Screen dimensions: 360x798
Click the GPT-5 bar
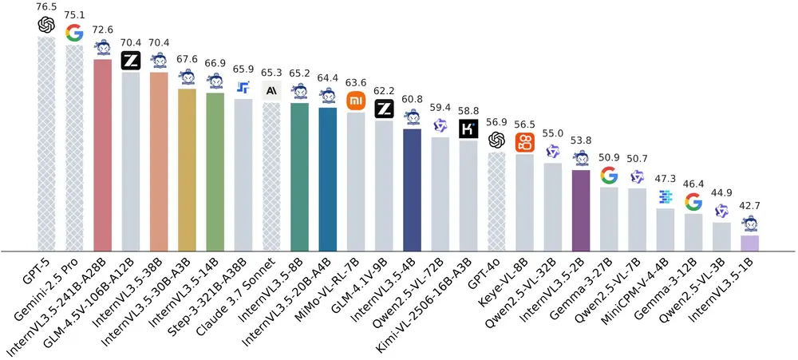(47, 144)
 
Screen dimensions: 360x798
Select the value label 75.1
(74, 13)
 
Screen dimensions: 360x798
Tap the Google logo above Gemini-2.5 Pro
(74, 33)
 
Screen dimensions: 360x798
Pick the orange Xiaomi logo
(356, 101)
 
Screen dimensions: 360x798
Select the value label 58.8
(468, 110)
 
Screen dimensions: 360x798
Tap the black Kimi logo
(468, 129)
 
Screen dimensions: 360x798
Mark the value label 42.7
(749, 205)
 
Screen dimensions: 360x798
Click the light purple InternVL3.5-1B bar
(749, 243)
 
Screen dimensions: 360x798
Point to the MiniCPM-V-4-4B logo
(666, 196)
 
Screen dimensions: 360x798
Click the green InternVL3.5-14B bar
(215, 172)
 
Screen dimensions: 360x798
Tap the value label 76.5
(47, 6)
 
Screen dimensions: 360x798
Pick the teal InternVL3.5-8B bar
(299, 176)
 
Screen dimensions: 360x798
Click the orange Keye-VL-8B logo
(525, 143)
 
